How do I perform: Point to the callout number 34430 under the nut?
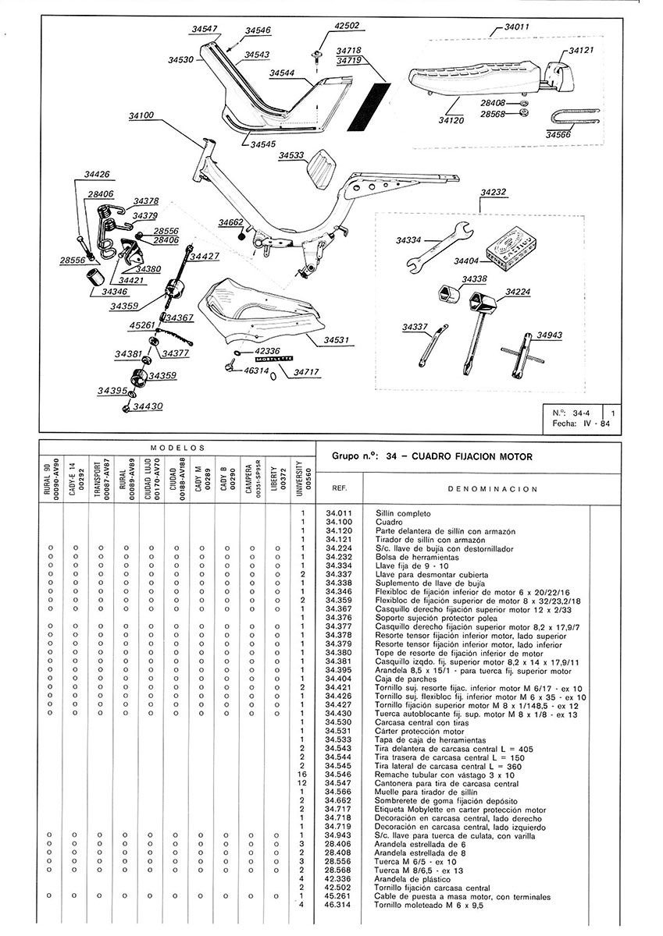click(148, 406)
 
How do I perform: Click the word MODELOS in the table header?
click(177, 448)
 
